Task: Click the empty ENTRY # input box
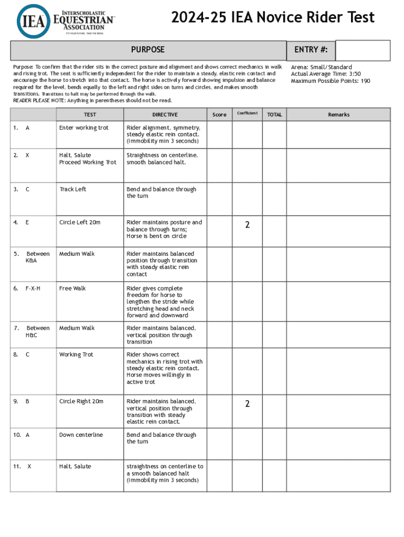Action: pos(363,50)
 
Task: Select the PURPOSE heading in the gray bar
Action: pos(147,50)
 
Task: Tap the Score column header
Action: pos(219,115)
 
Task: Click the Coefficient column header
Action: pos(247,113)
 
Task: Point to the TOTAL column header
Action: pos(274,115)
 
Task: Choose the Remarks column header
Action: pos(338,115)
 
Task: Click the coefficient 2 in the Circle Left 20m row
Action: pos(247,225)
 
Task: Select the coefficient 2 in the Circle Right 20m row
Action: pos(247,404)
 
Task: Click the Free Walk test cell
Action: pos(72,288)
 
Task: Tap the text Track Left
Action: pos(72,189)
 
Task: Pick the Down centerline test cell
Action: pos(81,435)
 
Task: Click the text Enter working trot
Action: pos(83,128)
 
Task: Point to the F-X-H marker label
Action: pos(33,288)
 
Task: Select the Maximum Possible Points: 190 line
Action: pos(331,81)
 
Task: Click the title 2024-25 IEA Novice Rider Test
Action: pos(272,18)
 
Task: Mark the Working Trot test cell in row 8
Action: pos(77,355)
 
